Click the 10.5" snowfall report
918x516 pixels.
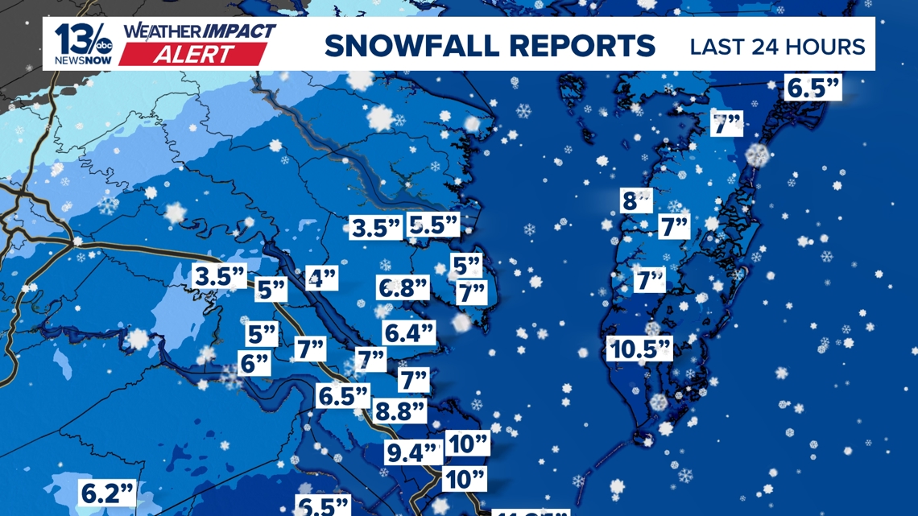639,349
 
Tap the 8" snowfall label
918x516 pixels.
635,200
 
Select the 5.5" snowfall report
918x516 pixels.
433,225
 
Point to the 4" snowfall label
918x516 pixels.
322,279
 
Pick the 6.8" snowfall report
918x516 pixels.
403,288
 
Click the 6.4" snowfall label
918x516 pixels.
409,332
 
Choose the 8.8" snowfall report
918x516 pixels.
400,411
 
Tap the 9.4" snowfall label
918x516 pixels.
413,452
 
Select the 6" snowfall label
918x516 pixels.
254,363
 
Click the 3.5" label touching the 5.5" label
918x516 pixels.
375,228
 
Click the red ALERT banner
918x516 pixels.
192,55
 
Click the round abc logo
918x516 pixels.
105,41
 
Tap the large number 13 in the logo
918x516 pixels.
73,39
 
